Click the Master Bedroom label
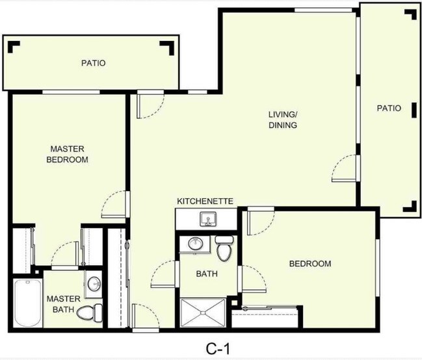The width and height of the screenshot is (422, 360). [x=67, y=154]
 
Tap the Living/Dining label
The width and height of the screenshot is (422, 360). [x=283, y=120]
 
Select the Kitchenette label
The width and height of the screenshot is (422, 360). [x=205, y=201]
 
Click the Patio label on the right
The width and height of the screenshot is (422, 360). [x=389, y=108]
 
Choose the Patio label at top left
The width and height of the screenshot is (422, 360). [x=93, y=64]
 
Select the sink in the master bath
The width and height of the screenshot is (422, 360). [x=95, y=283]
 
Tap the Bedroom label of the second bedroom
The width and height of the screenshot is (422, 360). [x=310, y=264]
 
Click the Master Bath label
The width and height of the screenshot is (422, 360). [x=63, y=303]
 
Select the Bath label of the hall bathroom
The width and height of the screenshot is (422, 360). [x=207, y=274]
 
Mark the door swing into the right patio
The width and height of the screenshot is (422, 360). [x=344, y=170]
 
